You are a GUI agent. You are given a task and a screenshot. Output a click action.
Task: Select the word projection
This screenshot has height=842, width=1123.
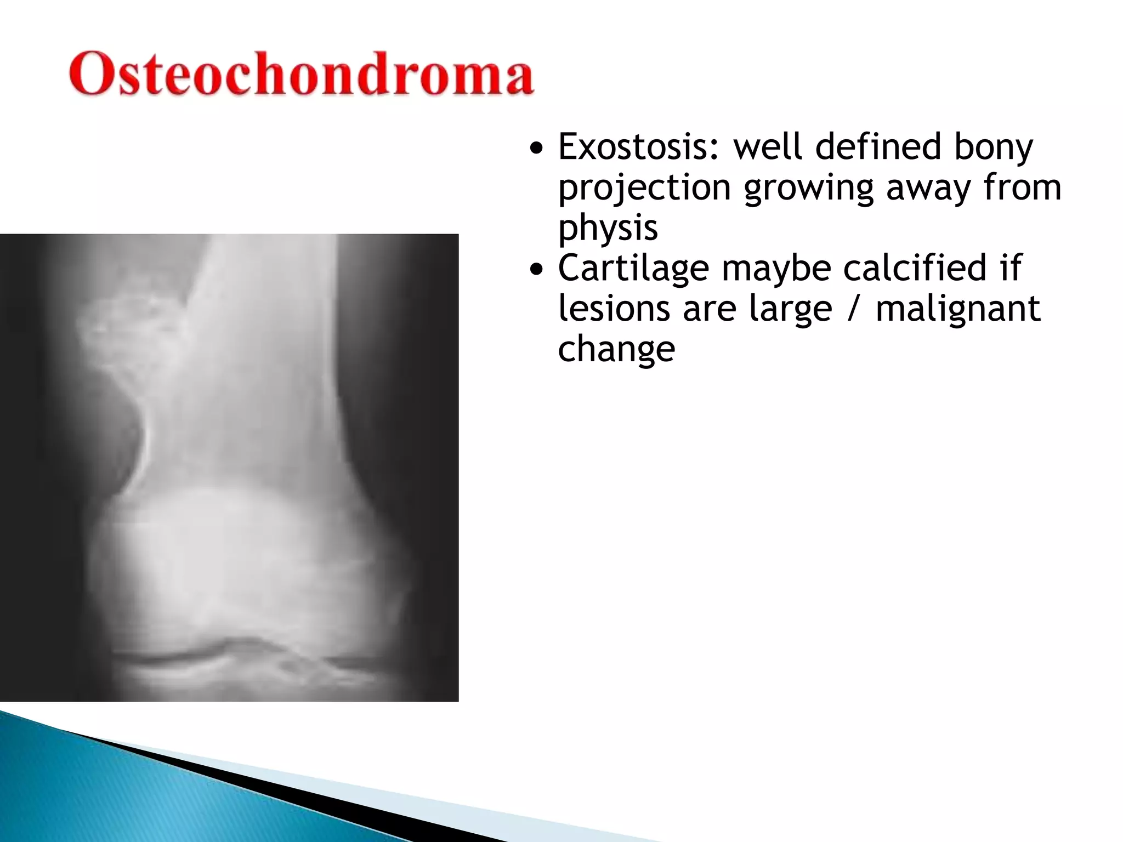pos(644,189)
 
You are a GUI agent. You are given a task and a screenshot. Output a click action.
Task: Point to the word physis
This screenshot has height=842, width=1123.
pos(608,228)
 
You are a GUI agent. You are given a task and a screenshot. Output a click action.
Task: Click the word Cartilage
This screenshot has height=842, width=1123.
pos(633,268)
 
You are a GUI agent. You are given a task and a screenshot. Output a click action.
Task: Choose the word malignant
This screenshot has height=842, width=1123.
pos(957,309)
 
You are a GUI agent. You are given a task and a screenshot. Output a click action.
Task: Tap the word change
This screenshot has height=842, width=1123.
pos(616,349)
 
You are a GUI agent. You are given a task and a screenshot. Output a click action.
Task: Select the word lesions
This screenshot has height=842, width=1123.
pos(614,309)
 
